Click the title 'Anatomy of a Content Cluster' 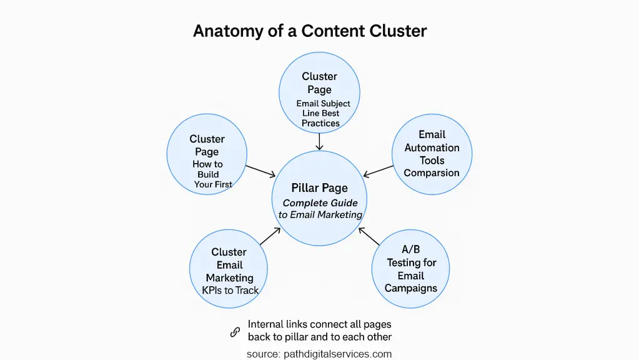tap(310, 31)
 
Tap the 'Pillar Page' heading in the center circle tap(319, 188)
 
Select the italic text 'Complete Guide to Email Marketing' tap(320, 209)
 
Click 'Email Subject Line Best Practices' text tap(322, 113)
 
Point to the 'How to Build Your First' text tap(209, 174)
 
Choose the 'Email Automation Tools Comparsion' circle tap(432, 154)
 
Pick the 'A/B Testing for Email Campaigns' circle tap(410, 269)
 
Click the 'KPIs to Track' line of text tap(230, 290)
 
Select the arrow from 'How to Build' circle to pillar tap(260, 171)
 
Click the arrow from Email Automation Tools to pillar tap(379, 171)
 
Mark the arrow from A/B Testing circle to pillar tap(370, 236)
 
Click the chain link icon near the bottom tap(235, 332)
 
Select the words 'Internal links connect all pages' tap(320, 324)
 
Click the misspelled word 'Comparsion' tap(432, 172)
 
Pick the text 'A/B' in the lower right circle tap(411, 249)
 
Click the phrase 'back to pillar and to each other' tap(320, 337)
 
